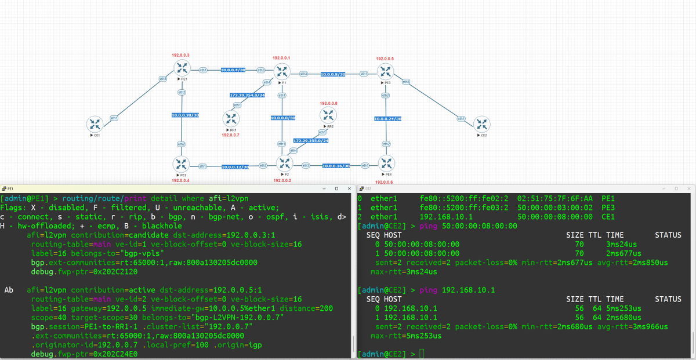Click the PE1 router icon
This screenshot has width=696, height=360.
click(182, 68)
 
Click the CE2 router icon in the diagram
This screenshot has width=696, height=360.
click(481, 123)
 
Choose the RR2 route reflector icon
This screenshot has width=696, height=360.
click(328, 115)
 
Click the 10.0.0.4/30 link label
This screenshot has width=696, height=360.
click(233, 70)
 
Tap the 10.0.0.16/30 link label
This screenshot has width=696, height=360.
click(335, 166)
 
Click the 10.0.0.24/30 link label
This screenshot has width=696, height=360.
click(388, 119)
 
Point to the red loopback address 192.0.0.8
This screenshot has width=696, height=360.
click(328, 103)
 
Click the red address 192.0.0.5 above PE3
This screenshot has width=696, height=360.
click(385, 59)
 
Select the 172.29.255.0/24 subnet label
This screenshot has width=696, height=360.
click(311, 141)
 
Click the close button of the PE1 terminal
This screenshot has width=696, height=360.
click(349, 188)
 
